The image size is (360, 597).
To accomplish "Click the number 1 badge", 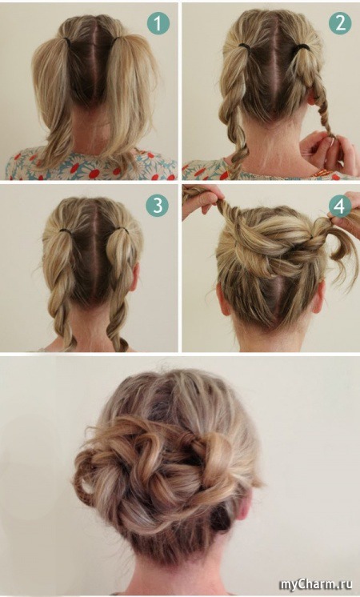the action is click(x=158, y=24).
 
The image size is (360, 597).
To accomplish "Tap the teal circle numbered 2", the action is click(x=340, y=23).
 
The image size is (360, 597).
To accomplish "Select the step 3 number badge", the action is click(x=157, y=206).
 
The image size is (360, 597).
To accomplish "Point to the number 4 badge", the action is click(x=340, y=206).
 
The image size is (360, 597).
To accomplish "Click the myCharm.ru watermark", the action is click(x=315, y=584).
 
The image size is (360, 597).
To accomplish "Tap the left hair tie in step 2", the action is click(x=243, y=46).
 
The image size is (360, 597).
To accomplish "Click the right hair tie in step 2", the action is click(x=302, y=47).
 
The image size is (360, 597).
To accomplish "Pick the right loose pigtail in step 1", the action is click(x=131, y=95).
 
